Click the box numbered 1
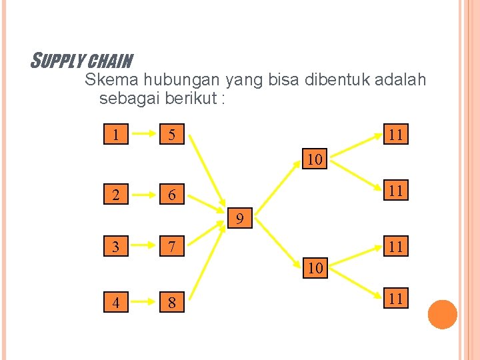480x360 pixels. click(117, 135)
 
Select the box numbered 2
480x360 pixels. click(117, 195)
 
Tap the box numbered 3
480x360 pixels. click(117, 247)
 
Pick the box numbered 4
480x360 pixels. click(117, 303)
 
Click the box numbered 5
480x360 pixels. click(172, 135)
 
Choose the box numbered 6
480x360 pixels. click(172, 195)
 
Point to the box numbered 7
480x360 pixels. click(172, 247)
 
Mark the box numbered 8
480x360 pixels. click(172, 303)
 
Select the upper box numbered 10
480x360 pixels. click(315, 159)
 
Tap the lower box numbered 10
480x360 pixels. click(315, 269)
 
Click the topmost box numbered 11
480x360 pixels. click(395, 135)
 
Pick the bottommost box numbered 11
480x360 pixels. click(395, 298)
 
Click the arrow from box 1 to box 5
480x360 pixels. click(145, 135)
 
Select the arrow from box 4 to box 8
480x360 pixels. click(145, 303)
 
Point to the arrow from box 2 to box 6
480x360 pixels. click(145, 195)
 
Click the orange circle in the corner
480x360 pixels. click(442, 315)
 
